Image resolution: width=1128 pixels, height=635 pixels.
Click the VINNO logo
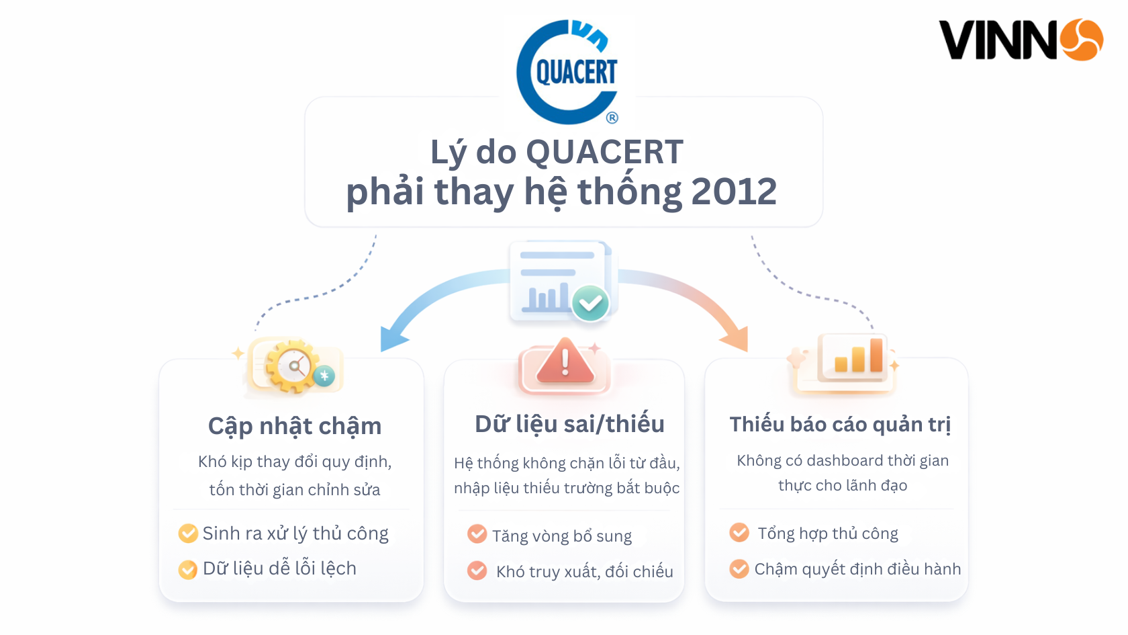1020,40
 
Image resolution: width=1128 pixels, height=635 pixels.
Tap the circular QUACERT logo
568,72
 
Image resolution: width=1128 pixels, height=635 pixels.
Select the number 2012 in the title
733,192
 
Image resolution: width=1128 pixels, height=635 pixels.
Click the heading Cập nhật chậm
294,426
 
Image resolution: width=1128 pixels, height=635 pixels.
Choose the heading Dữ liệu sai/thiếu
569,424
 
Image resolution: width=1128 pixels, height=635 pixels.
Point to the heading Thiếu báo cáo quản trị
840,424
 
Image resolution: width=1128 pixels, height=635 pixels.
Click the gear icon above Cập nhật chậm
293,367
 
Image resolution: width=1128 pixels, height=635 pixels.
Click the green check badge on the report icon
590,304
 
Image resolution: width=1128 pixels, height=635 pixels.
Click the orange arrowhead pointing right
737,339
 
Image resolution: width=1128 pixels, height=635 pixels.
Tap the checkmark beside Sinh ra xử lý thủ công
188,534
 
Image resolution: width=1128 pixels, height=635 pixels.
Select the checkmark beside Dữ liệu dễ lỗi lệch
188,569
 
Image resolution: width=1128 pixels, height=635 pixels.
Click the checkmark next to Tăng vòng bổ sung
477,534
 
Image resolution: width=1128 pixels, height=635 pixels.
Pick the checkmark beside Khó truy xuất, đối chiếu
477,570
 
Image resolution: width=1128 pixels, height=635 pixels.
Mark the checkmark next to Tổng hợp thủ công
739,533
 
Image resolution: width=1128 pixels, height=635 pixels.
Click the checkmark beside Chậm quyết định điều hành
739,569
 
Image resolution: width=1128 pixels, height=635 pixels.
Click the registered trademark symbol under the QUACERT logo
612,118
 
